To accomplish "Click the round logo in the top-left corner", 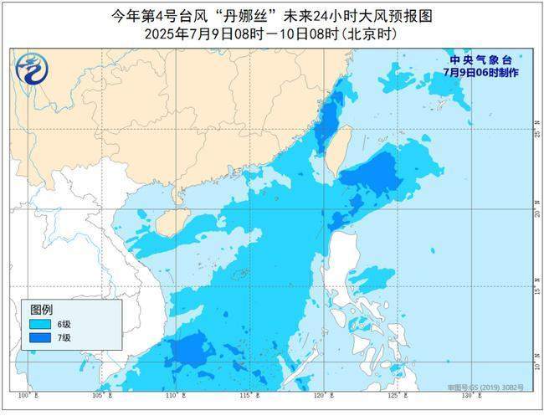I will point(31,68).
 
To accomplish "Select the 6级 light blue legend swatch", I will point(39,323).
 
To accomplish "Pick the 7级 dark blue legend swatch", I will point(39,337).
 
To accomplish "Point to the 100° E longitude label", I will point(25,393).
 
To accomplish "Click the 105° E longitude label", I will point(100,393).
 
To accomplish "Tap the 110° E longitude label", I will point(173,393).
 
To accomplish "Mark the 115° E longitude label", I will point(248,393).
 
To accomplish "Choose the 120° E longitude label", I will point(321,393).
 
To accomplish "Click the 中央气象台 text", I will point(475,60).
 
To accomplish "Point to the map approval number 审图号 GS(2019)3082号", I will point(496,388).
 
